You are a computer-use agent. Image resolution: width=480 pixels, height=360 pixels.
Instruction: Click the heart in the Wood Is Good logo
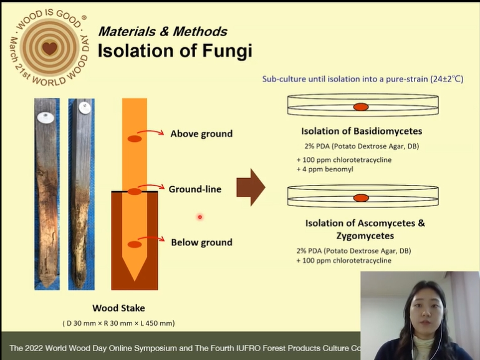[50, 48]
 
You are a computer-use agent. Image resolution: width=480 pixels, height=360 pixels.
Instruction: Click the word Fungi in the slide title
[227, 51]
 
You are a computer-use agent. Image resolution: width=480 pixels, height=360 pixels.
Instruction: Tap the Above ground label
[201, 134]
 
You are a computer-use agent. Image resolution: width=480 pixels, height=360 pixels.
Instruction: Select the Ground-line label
[195, 189]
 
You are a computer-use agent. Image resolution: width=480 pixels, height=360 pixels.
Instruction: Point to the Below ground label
[202, 242]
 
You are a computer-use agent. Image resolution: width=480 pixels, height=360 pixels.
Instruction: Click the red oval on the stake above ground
[135, 139]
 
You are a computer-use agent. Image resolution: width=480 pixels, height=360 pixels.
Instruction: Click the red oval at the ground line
[135, 192]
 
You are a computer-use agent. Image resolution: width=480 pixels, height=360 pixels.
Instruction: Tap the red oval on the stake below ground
[135, 244]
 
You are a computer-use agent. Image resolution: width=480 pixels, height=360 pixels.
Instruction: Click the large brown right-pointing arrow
[251, 187]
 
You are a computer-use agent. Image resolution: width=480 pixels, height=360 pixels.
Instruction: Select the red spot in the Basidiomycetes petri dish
[361, 107]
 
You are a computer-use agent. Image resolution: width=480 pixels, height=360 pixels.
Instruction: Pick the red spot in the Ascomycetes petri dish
[361, 198]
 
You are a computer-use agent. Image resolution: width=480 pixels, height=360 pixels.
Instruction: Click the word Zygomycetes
[365, 236]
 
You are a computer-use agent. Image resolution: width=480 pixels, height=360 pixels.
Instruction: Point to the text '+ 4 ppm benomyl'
[325, 169]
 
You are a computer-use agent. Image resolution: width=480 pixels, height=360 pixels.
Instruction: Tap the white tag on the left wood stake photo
[46, 117]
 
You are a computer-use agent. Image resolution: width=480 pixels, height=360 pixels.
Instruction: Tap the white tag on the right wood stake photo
[85, 108]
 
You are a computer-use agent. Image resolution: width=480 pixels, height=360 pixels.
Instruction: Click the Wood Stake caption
[119, 308]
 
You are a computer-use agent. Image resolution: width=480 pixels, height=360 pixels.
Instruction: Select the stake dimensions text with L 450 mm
[119, 323]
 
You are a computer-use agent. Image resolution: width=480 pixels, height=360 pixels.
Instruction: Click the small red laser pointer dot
[200, 217]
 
